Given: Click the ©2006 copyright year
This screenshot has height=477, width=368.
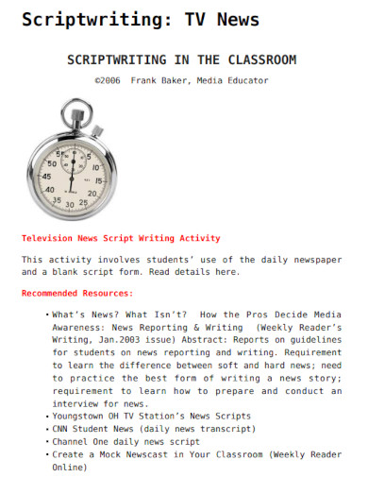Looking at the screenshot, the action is pyautogui.click(x=109, y=80).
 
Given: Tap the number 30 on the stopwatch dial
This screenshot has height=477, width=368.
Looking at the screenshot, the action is pyautogui.click(x=69, y=203).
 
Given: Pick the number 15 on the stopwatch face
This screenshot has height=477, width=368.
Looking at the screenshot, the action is pyautogui.click(x=97, y=179).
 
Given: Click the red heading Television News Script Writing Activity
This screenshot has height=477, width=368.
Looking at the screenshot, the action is pyautogui.click(x=121, y=238).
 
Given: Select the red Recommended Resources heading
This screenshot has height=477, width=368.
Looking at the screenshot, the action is pyautogui.click(x=77, y=293).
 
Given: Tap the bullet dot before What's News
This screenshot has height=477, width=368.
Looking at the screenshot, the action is pyautogui.click(x=47, y=314).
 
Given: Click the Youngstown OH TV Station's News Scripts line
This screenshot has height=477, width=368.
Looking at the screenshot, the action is pyautogui.click(x=152, y=416).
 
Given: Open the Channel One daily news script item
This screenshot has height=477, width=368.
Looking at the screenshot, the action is pyautogui.click(x=125, y=441).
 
